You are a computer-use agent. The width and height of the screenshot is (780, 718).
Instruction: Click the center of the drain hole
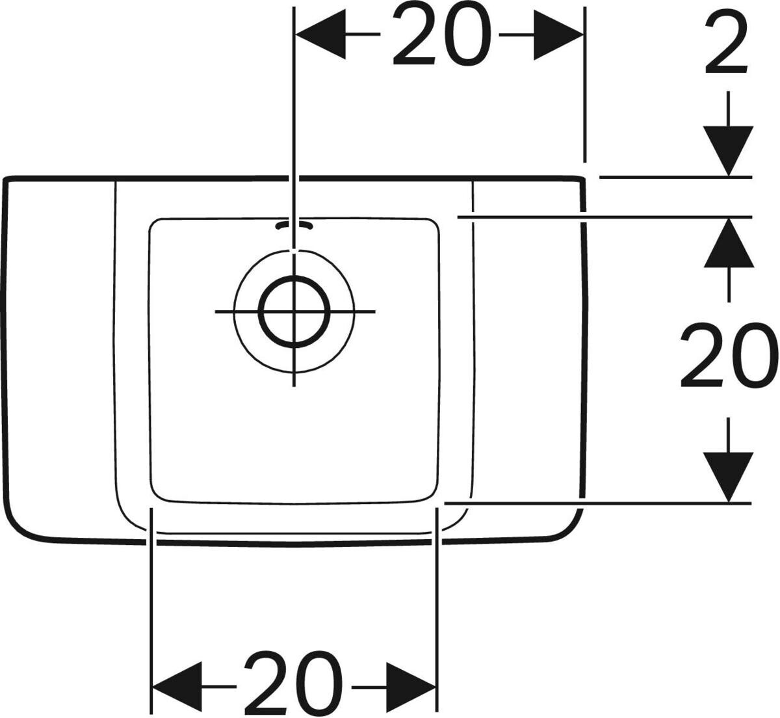(x=294, y=312)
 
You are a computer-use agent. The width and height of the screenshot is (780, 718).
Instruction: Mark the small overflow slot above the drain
(x=294, y=225)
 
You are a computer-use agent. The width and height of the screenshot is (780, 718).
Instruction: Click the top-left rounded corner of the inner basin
(x=155, y=224)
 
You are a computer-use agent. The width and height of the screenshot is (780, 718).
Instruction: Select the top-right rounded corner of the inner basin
(x=434, y=224)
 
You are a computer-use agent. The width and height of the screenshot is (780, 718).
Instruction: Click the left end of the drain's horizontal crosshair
(x=217, y=312)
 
